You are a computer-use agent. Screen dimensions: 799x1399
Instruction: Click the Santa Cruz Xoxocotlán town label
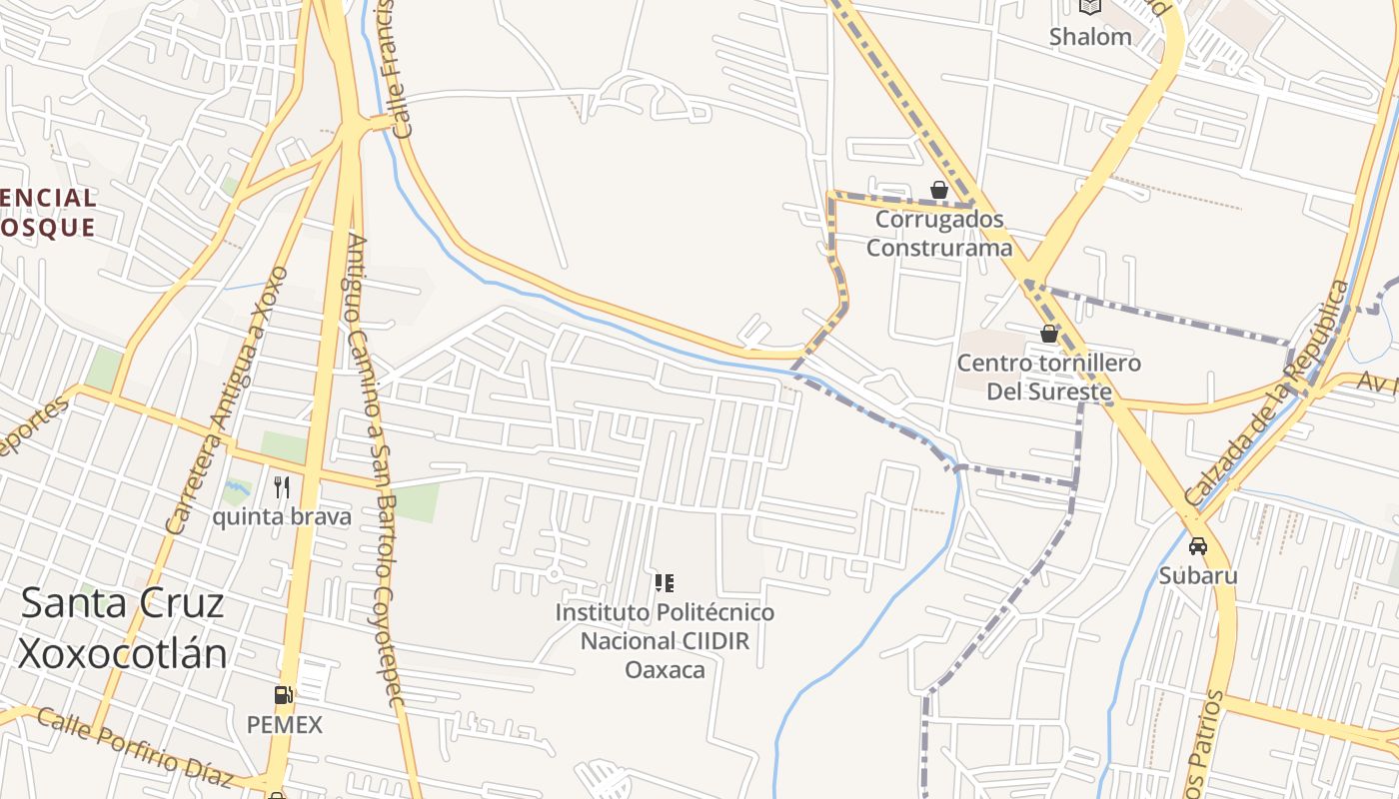pyautogui.click(x=122, y=628)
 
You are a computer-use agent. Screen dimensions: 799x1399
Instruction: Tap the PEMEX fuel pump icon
pyautogui.click(x=284, y=695)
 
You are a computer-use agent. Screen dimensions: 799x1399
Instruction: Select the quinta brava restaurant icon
pyautogui.click(x=282, y=487)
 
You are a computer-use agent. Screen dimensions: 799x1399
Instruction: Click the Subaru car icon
pyautogui.click(x=1198, y=546)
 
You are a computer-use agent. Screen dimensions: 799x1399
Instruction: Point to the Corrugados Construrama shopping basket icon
pyautogui.click(x=939, y=190)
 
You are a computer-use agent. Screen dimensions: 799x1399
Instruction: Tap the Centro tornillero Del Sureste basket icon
pyautogui.click(x=1049, y=334)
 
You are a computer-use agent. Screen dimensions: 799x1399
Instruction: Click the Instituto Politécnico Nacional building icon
pyautogui.click(x=665, y=582)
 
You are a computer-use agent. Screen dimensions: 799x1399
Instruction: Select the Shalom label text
pyautogui.click(x=1090, y=37)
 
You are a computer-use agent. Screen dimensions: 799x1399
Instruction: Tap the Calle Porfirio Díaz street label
pyautogui.click(x=134, y=749)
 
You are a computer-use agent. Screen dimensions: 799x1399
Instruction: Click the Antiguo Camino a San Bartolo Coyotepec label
pyautogui.click(x=372, y=469)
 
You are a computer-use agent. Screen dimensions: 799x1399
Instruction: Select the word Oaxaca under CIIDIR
pyautogui.click(x=665, y=669)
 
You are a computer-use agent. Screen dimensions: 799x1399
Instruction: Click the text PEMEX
pyautogui.click(x=285, y=725)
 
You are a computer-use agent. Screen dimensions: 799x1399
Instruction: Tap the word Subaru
pyautogui.click(x=1198, y=575)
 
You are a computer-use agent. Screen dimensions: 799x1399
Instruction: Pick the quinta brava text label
pyautogui.click(x=282, y=516)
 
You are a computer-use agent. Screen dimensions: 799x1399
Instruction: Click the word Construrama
pyautogui.click(x=939, y=248)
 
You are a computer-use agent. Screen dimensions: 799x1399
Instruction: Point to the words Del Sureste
pyautogui.click(x=1049, y=391)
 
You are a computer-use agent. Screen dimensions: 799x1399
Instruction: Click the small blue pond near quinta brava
pyautogui.click(x=237, y=490)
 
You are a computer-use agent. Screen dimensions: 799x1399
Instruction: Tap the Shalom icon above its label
pyautogui.click(x=1090, y=7)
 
